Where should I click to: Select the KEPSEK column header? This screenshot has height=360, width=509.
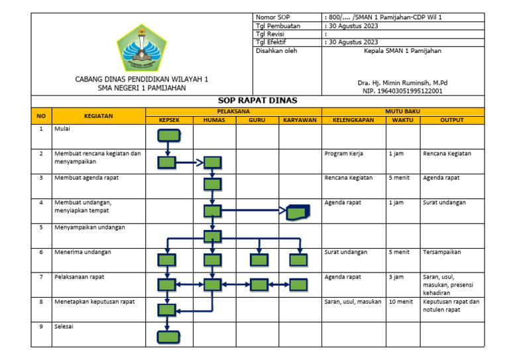(168, 120)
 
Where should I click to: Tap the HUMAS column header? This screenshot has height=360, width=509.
(213, 120)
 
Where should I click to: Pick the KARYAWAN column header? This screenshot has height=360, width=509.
(300, 120)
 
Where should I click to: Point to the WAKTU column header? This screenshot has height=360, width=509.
(402, 120)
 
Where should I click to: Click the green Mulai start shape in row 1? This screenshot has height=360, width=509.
(168, 136)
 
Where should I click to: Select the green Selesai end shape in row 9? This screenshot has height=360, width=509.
(168, 336)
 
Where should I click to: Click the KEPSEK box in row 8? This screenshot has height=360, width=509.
(167, 309)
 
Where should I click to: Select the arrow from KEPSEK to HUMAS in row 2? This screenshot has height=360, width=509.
(190, 161)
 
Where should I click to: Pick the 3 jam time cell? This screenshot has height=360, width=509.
(396, 276)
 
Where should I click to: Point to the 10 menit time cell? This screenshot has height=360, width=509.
(401, 301)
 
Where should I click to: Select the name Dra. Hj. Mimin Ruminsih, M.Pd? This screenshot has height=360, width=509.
(402, 83)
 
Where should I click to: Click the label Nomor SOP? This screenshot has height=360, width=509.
(273, 16)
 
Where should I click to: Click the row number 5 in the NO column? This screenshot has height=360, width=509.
(41, 227)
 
